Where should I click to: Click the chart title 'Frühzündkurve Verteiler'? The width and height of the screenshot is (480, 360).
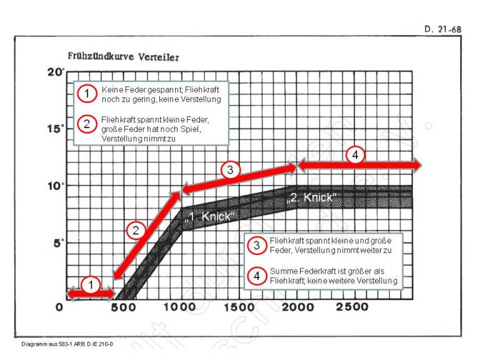[123, 57]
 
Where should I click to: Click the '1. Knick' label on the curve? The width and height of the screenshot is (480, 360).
[209, 216]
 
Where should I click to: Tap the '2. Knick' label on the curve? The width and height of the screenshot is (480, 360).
[311, 198]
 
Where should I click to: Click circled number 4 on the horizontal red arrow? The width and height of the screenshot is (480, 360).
[355, 156]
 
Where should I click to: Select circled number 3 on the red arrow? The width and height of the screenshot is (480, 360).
[231, 169]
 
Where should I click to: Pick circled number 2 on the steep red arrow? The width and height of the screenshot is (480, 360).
[136, 231]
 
